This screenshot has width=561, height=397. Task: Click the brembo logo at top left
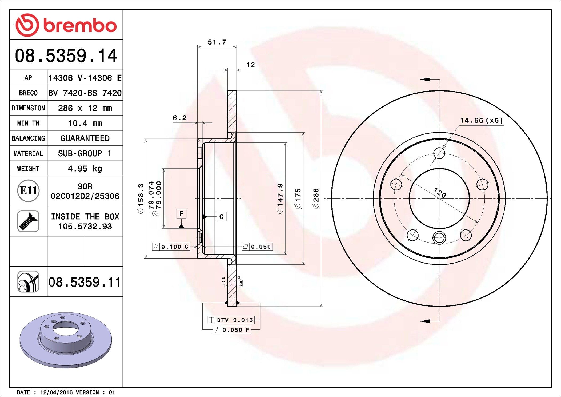click(x=66, y=25)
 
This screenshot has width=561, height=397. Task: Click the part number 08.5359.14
click(x=66, y=56)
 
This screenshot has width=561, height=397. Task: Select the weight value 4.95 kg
click(x=85, y=169)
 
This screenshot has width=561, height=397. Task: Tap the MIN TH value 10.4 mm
click(x=85, y=123)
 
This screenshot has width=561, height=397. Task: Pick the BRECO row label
click(x=28, y=93)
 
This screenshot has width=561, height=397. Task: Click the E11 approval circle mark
click(x=28, y=191)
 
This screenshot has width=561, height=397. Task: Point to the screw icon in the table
click(x=28, y=221)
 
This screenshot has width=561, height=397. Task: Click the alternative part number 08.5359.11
click(x=85, y=282)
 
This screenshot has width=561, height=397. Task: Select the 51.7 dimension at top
click(x=217, y=42)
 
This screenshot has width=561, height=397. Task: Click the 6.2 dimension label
click(x=179, y=118)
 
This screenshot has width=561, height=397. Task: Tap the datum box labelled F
click(x=181, y=214)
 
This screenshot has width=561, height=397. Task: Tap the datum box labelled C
click(x=221, y=217)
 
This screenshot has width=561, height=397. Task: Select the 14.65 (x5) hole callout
click(x=481, y=120)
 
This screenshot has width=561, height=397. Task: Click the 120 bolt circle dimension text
click(x=440, y=193)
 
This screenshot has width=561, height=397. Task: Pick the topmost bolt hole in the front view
click(x=439, y=153)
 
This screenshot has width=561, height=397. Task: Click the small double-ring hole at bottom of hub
click(x=439, y=237)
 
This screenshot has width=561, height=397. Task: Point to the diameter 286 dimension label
click(x=316, y=198)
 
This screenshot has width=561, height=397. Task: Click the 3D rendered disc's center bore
click(x=66, y=328)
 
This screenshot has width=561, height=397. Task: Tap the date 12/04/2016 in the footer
click(x=56, y=392)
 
